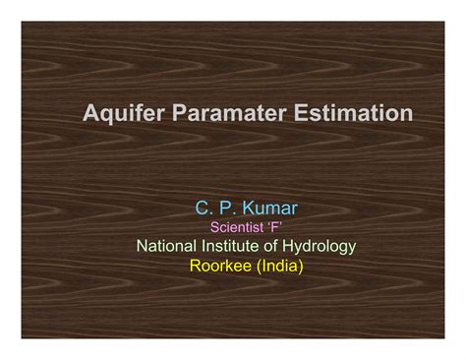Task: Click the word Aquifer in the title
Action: coord(120,114)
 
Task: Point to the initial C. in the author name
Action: coord(202,209)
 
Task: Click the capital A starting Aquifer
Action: coord(90,114)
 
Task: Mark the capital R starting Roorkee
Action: coord(195,264)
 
